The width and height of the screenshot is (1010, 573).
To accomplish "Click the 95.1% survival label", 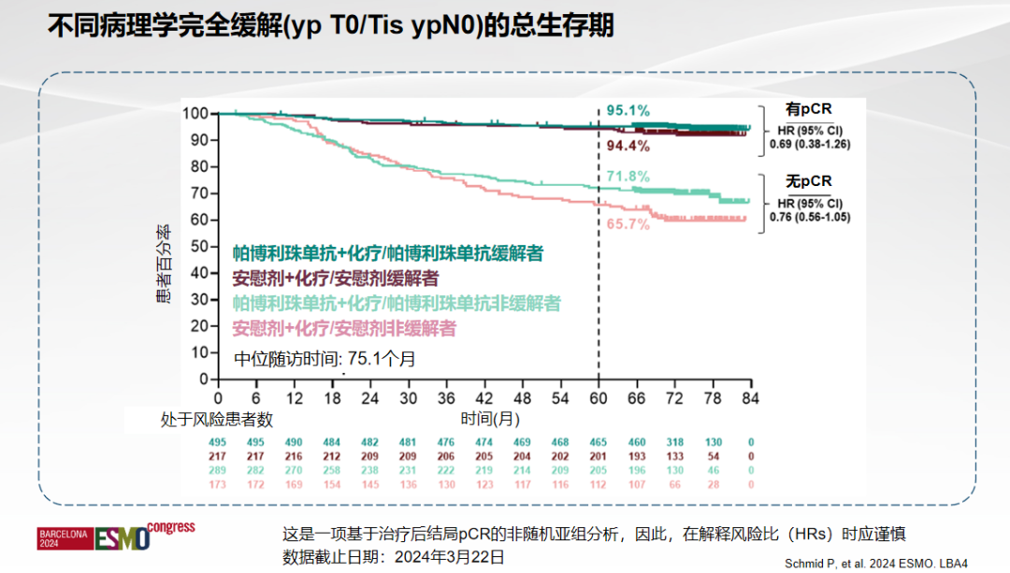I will click(629, 111).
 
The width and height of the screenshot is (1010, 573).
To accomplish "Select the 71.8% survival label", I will click(628, 177).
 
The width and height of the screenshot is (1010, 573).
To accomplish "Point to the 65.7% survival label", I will click(628, 224).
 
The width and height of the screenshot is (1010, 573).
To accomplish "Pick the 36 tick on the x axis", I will click(446, 397).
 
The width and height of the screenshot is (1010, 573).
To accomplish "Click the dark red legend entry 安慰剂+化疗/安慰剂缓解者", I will click(335, 279).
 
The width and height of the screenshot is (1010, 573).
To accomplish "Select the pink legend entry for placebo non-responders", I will click(344, 328).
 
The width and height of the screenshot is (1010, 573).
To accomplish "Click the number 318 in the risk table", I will click(674, 442).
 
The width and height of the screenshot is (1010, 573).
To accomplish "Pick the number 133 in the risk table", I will click(674, 455).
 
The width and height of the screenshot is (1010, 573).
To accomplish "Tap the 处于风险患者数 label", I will click(216, 420).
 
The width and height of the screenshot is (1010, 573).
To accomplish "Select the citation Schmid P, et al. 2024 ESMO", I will click(887, 563).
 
